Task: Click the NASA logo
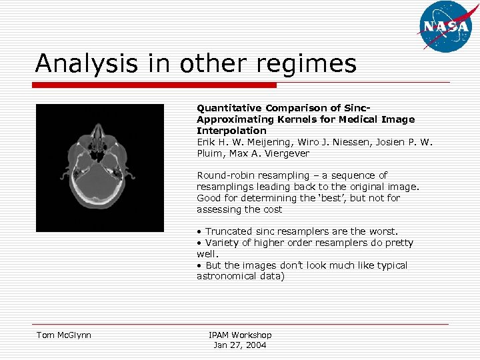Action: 444,27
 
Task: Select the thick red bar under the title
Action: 155,85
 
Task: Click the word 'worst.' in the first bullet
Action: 381,231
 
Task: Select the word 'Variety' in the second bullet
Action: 222,243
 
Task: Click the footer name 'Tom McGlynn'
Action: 63,335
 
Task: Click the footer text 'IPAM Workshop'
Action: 240,335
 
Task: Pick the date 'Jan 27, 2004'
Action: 240,345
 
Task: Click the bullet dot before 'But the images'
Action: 199,265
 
